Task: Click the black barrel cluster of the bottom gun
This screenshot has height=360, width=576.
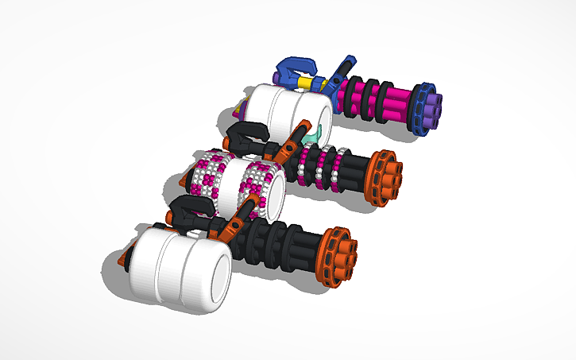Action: point(286,242)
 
